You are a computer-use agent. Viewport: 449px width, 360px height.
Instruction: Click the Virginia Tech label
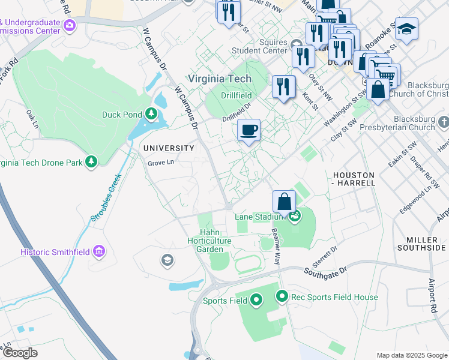point(220,79)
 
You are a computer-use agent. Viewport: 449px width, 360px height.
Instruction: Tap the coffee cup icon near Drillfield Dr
point(249,130)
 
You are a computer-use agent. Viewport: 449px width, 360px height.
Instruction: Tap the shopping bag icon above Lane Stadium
point(284,202)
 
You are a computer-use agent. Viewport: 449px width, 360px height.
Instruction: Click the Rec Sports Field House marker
point(282,296)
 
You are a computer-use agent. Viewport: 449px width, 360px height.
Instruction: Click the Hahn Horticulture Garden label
point(215,240)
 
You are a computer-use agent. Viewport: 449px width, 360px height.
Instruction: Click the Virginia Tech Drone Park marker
point(91,162)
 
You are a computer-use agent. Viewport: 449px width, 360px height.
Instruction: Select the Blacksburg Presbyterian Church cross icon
point(443,122)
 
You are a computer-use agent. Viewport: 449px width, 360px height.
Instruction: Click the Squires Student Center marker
point(297,44)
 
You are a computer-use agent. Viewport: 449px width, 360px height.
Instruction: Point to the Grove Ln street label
point(161,163)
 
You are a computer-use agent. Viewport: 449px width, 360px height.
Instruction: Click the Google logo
point(20,352)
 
